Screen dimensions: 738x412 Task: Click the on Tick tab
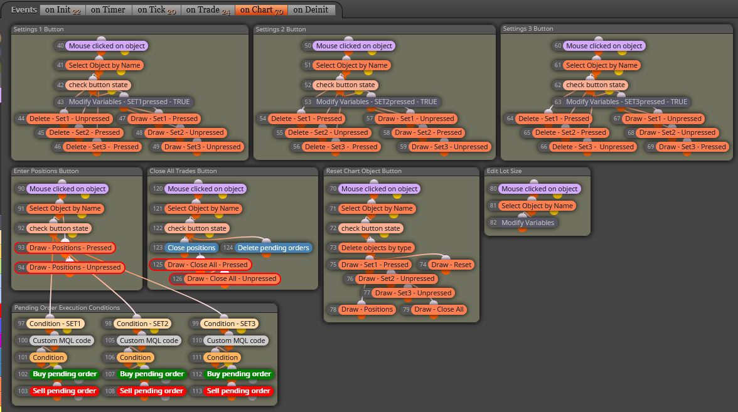pos(157,10)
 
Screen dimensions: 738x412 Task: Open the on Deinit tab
pos(311,10)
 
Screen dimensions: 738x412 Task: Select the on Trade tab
pos(208,10)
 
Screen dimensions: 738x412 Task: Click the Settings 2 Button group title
pos(281,29)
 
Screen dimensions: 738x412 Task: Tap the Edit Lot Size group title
pos(504,171)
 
